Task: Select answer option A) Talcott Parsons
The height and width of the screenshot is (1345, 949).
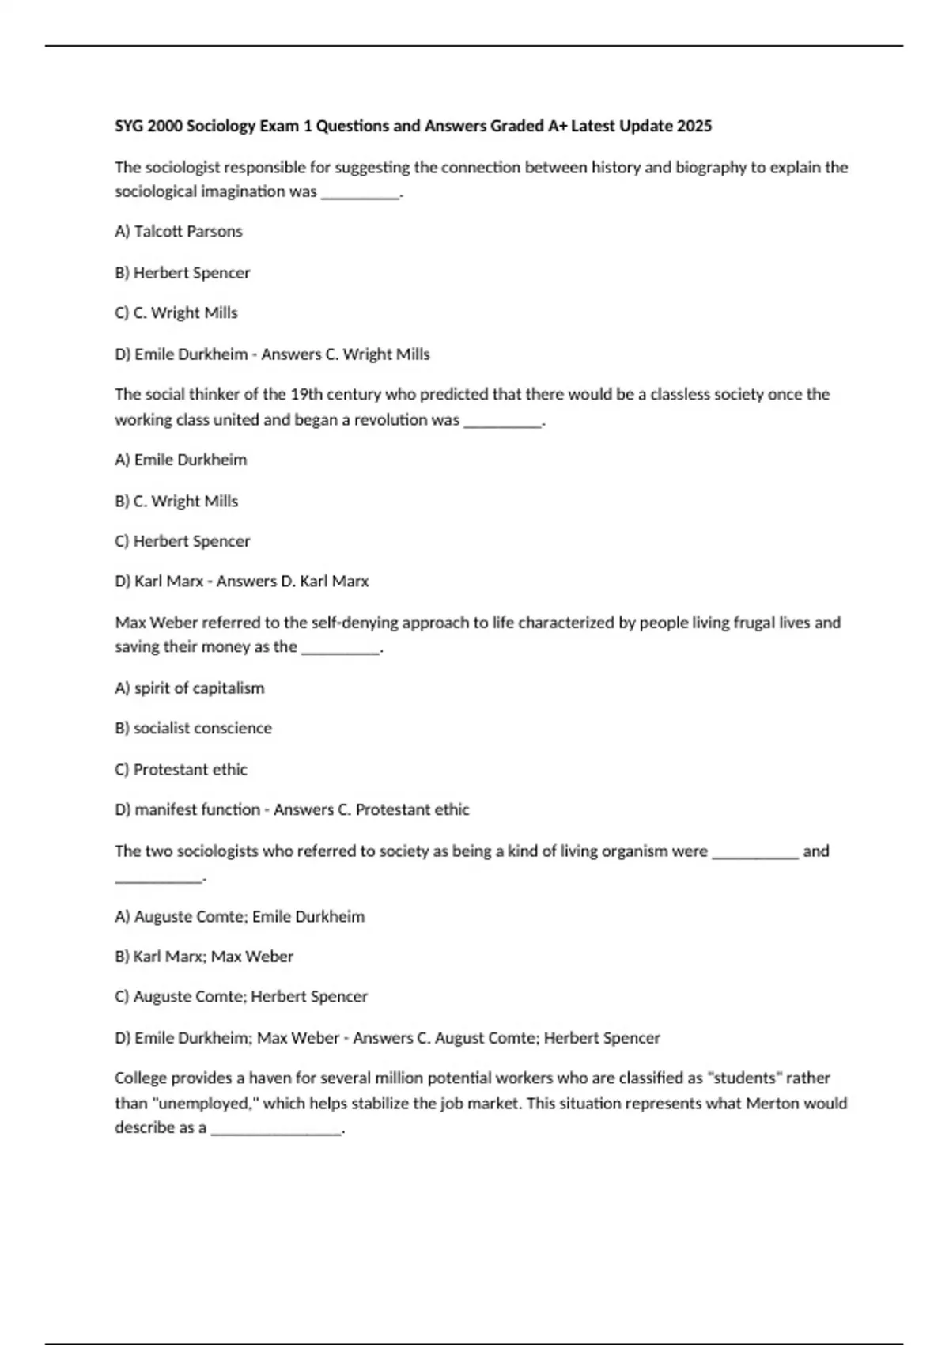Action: (179, 232)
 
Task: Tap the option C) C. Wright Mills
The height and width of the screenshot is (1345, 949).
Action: (176, 313)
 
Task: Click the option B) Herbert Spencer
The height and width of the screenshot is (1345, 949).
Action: (183, 273)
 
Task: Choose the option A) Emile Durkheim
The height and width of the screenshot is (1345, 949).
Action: (181, 460)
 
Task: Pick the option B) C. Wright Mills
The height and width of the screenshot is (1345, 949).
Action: (176, 502)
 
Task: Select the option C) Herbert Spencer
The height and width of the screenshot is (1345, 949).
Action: (183, 541)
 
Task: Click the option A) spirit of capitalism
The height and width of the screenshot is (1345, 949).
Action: (190, 688)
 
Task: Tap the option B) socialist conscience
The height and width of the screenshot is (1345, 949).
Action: (194, 728)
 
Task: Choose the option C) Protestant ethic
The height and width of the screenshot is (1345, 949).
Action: (181, 770)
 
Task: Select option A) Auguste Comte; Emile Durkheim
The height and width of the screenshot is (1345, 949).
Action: (240, 917)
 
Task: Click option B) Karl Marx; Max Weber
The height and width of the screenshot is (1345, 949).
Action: (204, 957)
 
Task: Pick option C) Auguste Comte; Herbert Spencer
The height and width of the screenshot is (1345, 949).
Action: (241, 997)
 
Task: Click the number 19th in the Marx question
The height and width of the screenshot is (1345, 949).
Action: (306, 394)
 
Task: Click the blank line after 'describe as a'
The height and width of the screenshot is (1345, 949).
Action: (277, 1130)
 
